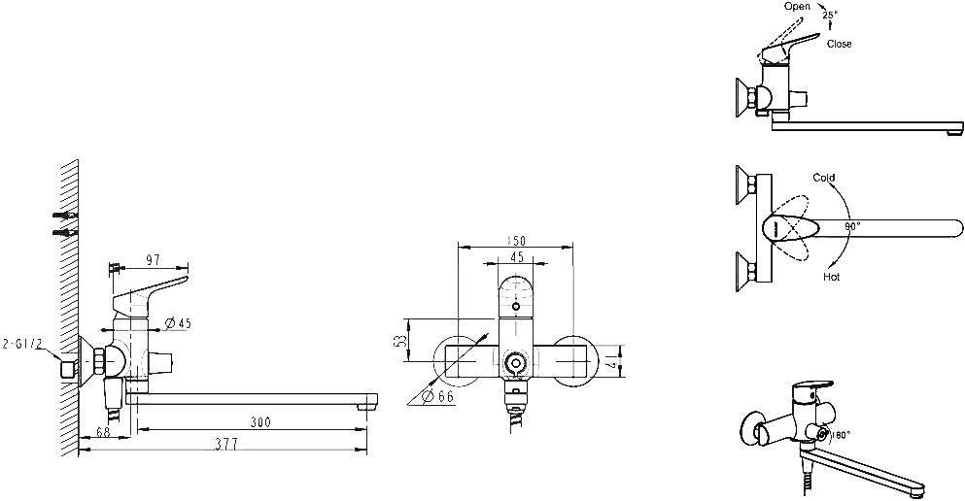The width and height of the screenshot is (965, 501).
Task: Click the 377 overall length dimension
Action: click(227, 444)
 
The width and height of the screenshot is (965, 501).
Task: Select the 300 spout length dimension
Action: click(260, 422)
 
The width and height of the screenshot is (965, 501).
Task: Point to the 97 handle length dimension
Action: click(152, 260)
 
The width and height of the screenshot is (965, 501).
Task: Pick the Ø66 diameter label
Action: click(439, 397)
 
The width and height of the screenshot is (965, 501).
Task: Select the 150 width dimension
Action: click(516, 241)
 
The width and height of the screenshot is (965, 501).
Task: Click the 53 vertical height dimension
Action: click(400, 341)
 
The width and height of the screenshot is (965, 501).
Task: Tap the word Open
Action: click(797, 6)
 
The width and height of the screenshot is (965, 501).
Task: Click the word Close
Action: click(839, 44)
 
